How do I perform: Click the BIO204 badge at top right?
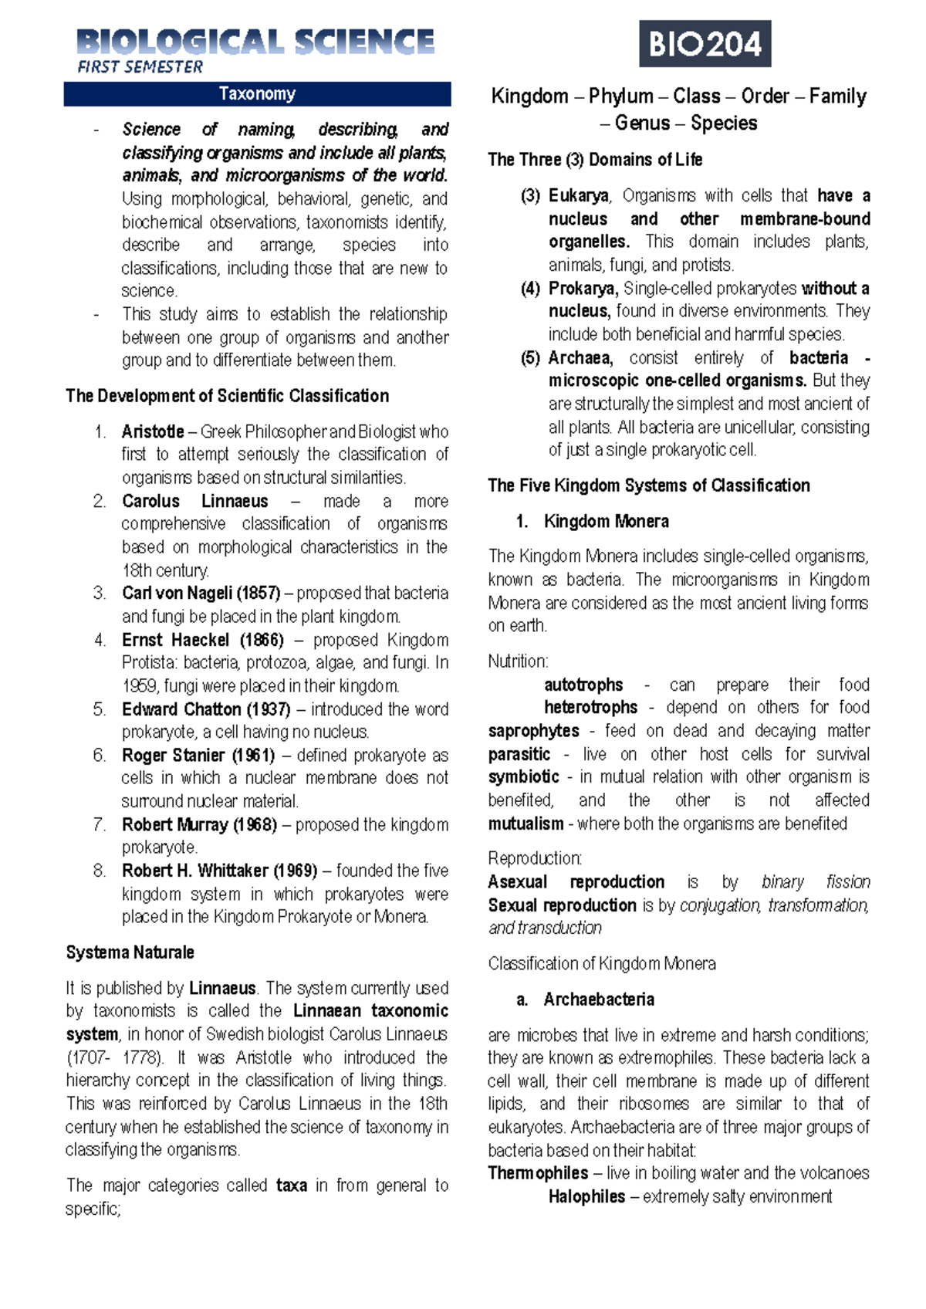coord(705,44)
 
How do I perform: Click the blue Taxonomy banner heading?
coord(257,94)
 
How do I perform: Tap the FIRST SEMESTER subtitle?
coord(140,67)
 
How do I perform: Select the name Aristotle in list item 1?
coord(153,431)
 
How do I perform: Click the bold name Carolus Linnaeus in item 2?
coord(194,501)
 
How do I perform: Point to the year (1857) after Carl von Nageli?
coord(259,593)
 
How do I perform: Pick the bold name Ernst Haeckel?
coord(175,640)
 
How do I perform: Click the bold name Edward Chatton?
coord(181,709)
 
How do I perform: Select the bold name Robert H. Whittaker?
coord(196,871)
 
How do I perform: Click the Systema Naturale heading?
coord(130,952)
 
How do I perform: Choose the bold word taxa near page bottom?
coord(291,1185)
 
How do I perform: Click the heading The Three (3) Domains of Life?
coord(595,160)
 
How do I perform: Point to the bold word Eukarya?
coord(578,195)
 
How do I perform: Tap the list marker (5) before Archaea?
coord(530,357)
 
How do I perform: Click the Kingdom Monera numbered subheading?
coord(606,521)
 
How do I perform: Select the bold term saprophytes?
coord(533,730)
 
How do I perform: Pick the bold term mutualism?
coord(526,824)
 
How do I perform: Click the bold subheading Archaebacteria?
coord(598,1000)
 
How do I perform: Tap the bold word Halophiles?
coord(586,1196)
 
